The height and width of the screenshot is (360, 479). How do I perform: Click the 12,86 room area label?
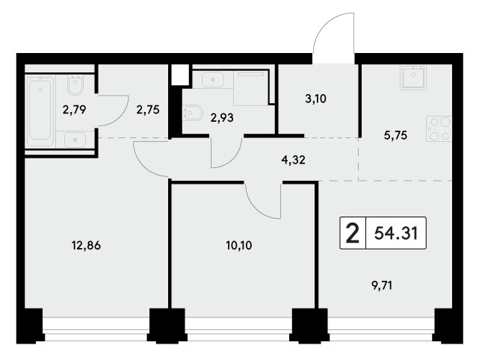tap(86, 245)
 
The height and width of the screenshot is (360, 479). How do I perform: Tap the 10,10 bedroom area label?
tap(239, 245)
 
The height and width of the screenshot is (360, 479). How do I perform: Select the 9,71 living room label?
tap(382, 286)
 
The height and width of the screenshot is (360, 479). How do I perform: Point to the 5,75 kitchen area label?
tap(395, 135)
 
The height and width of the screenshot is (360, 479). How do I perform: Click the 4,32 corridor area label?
tap(294, 160)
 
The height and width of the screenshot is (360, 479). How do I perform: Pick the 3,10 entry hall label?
tap(316, 99)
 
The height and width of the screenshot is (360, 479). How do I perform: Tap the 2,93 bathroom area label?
tap(222, 117)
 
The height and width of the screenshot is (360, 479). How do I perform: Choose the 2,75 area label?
tap(148, 110)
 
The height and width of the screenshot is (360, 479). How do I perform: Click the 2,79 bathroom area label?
tap(74, 109)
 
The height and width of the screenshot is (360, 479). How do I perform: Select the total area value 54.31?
tap(396, 234)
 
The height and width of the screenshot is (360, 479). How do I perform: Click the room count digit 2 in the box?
tap(353, 233)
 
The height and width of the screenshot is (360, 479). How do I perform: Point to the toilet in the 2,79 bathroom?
tap(75, 85)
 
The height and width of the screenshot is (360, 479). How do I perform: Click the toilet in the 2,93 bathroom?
tap(194, 113)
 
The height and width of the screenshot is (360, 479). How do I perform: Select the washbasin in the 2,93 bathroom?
tap(213, 80)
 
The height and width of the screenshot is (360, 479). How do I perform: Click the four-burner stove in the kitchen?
tap(439, 129)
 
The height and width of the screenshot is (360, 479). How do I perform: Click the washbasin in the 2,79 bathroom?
tap(75, 140)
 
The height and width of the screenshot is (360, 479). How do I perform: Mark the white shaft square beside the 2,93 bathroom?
tap(179, 75)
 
